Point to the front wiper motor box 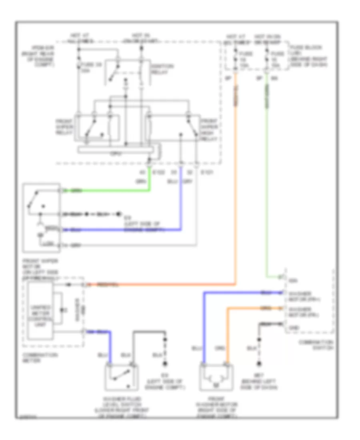point(42,218)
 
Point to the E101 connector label point(206,172)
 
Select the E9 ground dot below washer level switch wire point(164,364)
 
